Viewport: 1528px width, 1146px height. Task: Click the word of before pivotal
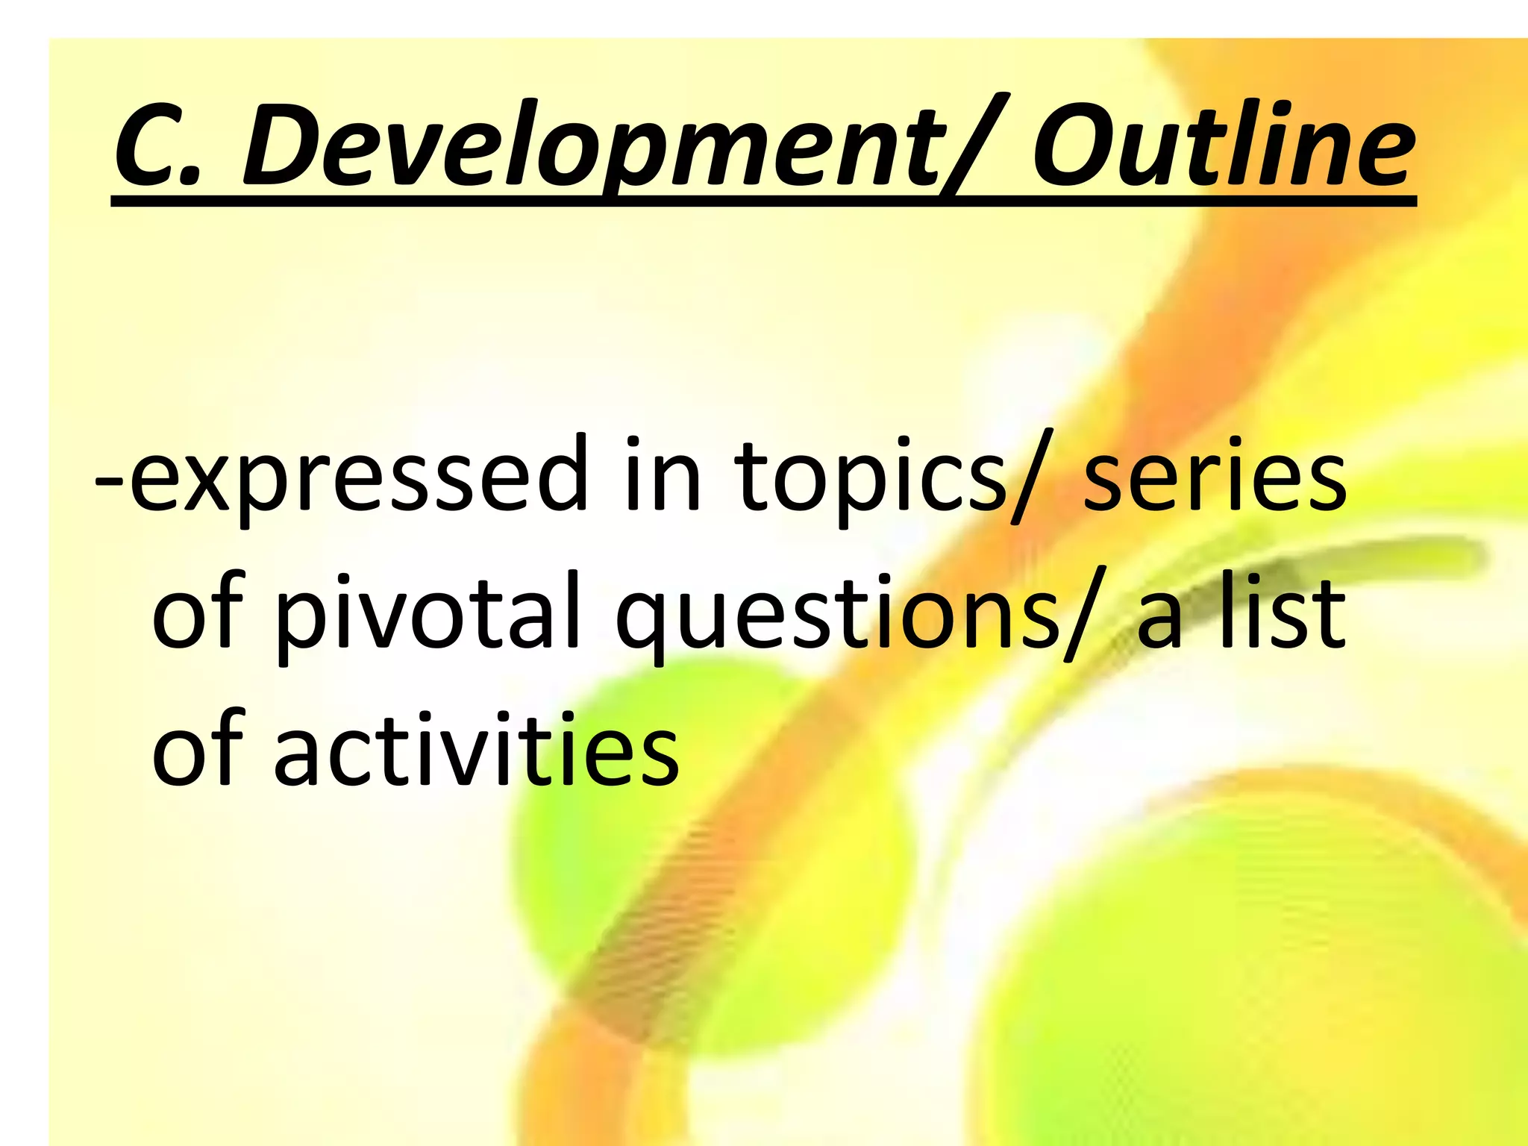(x=198, y=612)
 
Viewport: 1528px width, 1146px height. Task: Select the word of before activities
(x=198, y=750)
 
